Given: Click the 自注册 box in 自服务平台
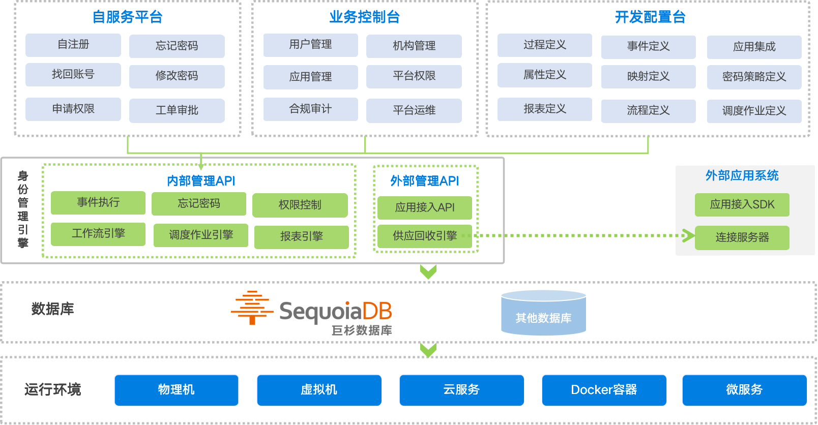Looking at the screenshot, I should coord(73,45).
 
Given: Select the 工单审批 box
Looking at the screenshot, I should coord(177,110).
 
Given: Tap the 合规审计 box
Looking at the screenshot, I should coord(310,109).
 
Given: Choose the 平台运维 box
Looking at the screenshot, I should coord(414,110).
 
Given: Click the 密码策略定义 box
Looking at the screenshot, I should coord(754,77).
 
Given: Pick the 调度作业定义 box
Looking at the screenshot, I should coord(754,111).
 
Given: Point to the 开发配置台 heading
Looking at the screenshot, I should coord(650,17).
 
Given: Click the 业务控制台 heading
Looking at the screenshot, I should coord(364,17).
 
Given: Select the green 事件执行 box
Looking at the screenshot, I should coord(98,202).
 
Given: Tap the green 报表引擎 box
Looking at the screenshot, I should coord(301,236).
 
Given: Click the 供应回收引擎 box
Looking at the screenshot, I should coord(425,236).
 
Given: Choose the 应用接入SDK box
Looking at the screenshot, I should coord(742,204).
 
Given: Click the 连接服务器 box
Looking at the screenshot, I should coord(742,237).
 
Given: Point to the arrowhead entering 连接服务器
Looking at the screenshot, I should coord(688,235).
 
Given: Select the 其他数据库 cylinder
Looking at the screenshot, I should coord(543,313).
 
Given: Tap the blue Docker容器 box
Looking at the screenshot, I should coord(604,390).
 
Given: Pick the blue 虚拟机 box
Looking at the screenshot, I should coord(319,390).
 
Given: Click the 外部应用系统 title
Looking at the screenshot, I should coord(742,176).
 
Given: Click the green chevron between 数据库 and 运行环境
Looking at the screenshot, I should coord(428,350).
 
